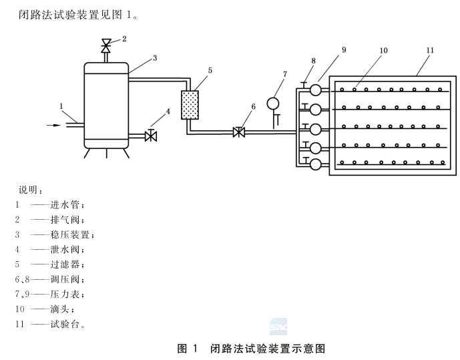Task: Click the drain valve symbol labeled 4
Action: [151, 136]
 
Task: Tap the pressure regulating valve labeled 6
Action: [238, 132]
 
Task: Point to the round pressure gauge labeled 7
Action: [273, 104]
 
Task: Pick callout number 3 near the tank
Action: [154, 59]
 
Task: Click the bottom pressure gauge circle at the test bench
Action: [316, 162]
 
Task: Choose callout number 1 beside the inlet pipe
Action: [61, 106]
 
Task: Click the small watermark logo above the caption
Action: [278, 327]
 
